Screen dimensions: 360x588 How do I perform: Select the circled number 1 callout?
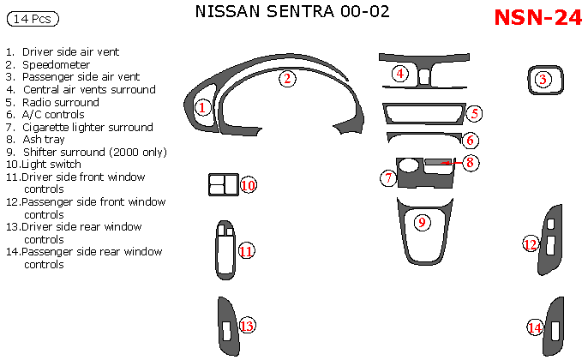tap(202, 107)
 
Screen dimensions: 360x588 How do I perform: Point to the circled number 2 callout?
tap(288, 79)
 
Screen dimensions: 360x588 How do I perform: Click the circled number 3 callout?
tap(543, 80)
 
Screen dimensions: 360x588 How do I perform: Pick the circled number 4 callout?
tap(400, 74)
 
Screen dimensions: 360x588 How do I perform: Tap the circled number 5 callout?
tap(475, 113)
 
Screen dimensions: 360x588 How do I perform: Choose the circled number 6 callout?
tap(471, 140)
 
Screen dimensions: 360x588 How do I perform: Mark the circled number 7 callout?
tap(388, 178)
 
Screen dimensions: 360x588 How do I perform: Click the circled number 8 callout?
tap(470, 161)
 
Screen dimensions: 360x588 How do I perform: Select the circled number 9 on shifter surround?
tap(421, 223)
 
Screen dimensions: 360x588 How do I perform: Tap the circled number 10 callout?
tap(248, 185)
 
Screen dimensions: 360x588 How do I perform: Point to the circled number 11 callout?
tap(245, 251)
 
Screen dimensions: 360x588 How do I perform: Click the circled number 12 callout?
tap(531, 244)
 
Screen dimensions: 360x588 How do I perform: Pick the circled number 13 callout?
tap(247, 326)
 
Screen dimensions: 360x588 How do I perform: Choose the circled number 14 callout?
tap(535, 327)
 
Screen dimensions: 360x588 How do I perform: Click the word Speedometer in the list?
tap(56, 64)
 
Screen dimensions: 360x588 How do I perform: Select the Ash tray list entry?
tap(44, 139)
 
